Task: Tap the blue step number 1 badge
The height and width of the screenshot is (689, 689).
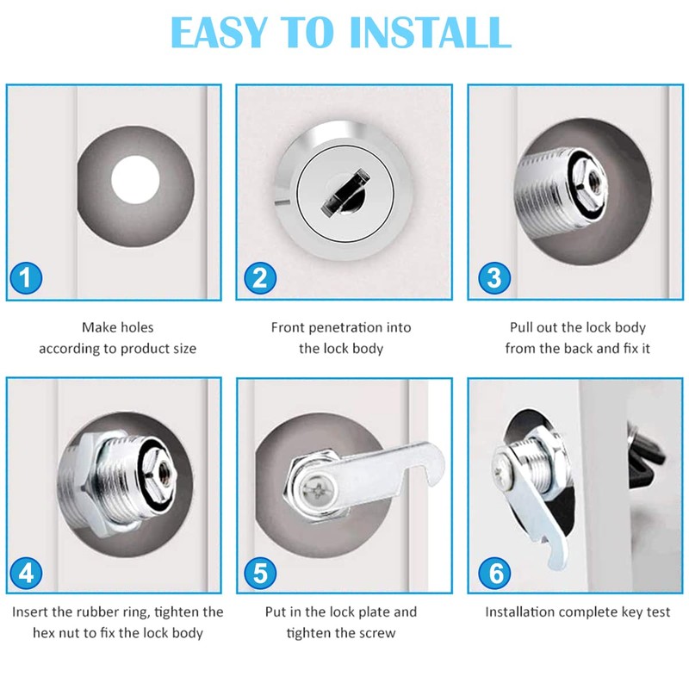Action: [27, 278]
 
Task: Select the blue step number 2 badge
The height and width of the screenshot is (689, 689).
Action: [259, 278]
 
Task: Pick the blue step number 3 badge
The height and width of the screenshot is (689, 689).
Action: [493, 278]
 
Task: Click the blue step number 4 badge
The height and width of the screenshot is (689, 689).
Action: [27, 573]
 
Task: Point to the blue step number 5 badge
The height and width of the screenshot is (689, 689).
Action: [259, 573]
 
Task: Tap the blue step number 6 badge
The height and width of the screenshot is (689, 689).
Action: [498, 573]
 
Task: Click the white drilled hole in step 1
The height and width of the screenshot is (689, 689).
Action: [136, 179]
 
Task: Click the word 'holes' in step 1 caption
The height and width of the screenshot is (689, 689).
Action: [136, 327]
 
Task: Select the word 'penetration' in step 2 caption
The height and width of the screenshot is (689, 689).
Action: [357, 327]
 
